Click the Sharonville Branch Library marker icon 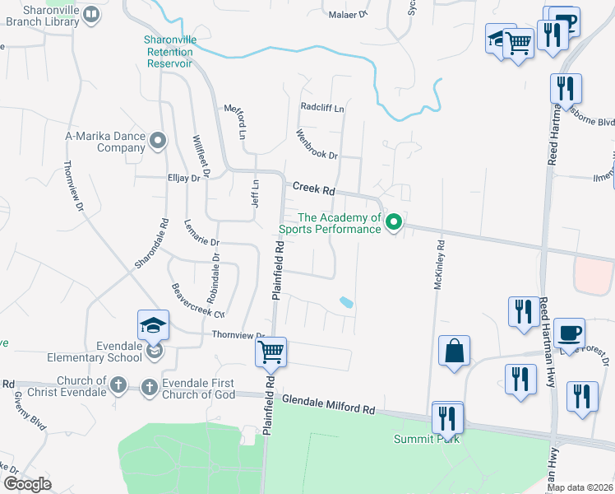coord(92,14)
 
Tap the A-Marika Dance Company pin coord(159,138)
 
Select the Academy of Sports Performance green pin coord(394,221)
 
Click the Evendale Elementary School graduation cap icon coord(154,327)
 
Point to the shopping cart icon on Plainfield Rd coord(271,353)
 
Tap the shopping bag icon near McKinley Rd coord(454,351)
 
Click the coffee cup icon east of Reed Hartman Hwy coord(569,333)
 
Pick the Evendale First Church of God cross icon coord(150,385)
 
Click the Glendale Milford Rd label coord(328,403)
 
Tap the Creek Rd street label coord(312,189)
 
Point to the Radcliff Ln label coord(322,107)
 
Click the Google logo coord(27,484)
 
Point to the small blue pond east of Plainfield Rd coord(347,302)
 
